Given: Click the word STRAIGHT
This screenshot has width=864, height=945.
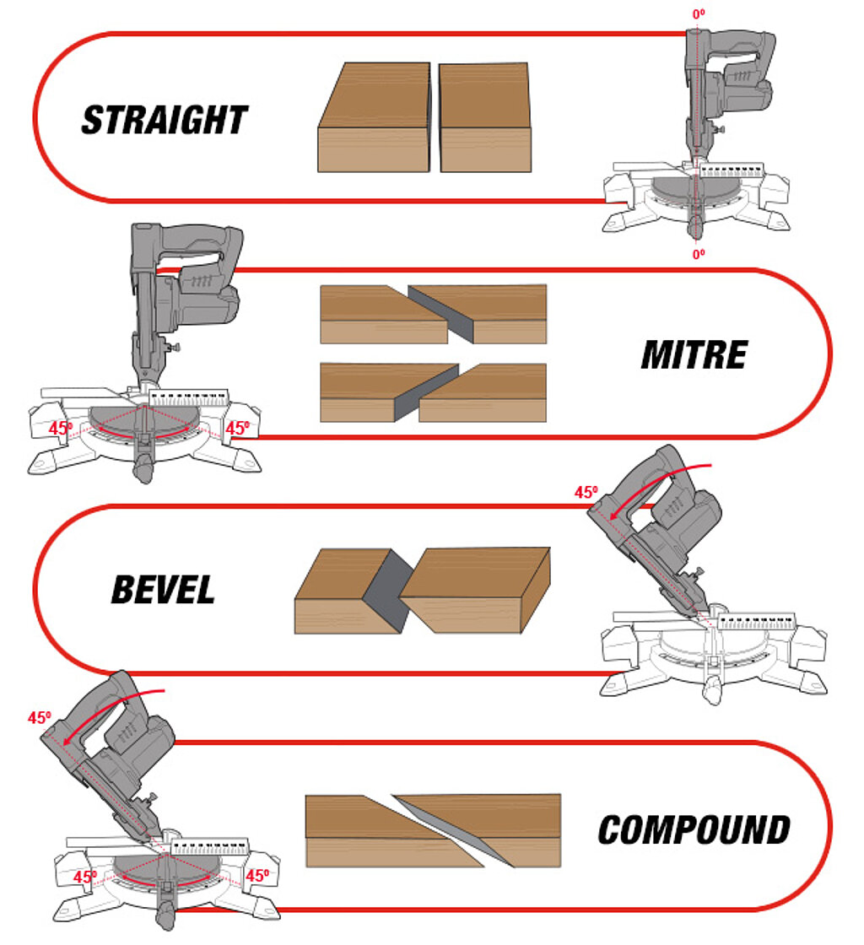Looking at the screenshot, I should pos(165,121).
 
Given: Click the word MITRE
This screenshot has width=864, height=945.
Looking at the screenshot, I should pos(694,355).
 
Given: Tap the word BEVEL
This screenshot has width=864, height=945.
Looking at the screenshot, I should pos(163,591).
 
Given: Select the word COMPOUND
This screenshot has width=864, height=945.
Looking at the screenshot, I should pos(694,830).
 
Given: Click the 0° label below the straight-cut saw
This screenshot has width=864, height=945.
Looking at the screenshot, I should pos(699,253).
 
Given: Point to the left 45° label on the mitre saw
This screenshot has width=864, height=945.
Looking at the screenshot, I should pos(60,428).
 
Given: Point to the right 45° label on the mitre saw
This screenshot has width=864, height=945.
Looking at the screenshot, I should pos(237,428).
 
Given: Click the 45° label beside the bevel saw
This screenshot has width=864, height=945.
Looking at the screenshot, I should pos(586,493).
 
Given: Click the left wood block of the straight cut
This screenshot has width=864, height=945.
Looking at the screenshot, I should pos(375,118).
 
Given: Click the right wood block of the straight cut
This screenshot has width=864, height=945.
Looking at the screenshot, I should pos(485,118).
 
